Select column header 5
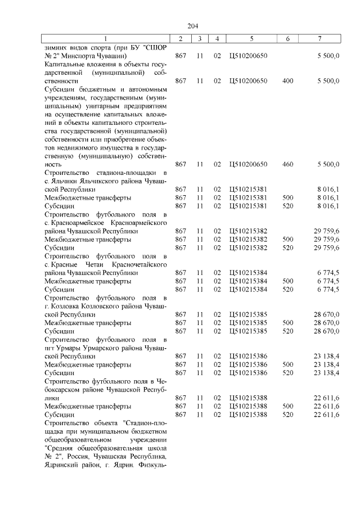(251, 39)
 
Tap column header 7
(319, 39)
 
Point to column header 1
(107, 39)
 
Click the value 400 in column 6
(287, 81)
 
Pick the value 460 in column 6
(287, 164)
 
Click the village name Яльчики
(64, 181)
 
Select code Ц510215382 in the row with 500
(249, 239)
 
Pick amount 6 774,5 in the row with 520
(328, 289)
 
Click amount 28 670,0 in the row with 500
(326, 323)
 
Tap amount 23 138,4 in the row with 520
(326, 373)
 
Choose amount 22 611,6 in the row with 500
(326, 406)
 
